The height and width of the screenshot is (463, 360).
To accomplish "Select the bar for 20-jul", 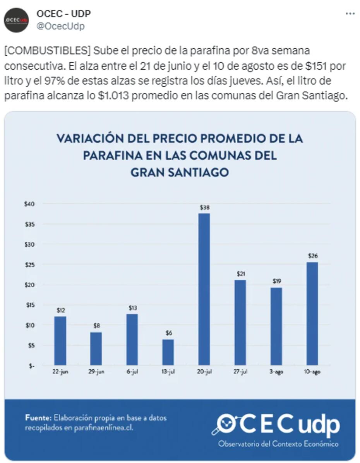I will point(204,289).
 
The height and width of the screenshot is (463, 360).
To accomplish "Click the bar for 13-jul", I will point(168,352).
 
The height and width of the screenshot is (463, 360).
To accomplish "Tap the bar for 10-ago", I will point(312,313).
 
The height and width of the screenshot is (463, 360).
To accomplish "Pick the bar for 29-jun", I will point(96,348).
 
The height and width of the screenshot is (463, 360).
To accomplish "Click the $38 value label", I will point(204,207).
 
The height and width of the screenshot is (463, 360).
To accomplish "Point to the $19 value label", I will point(276,281).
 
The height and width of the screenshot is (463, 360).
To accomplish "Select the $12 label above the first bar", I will point(60,310).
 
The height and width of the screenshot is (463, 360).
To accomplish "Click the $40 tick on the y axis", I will point(29,204).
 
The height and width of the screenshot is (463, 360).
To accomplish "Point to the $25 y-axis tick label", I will point(29,265).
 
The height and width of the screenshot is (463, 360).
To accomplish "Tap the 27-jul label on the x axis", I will point(240,372).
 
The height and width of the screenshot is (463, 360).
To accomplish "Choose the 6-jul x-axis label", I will point(132,372).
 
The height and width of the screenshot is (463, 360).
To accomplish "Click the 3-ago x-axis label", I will point(276,372).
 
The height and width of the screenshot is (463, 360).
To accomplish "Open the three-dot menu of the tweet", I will point(350,14).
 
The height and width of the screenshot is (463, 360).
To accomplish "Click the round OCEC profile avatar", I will point(17,20).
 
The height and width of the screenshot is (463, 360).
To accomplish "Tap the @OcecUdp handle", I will point(60,26).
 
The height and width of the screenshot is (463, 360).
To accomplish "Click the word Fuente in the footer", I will point(38,418).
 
